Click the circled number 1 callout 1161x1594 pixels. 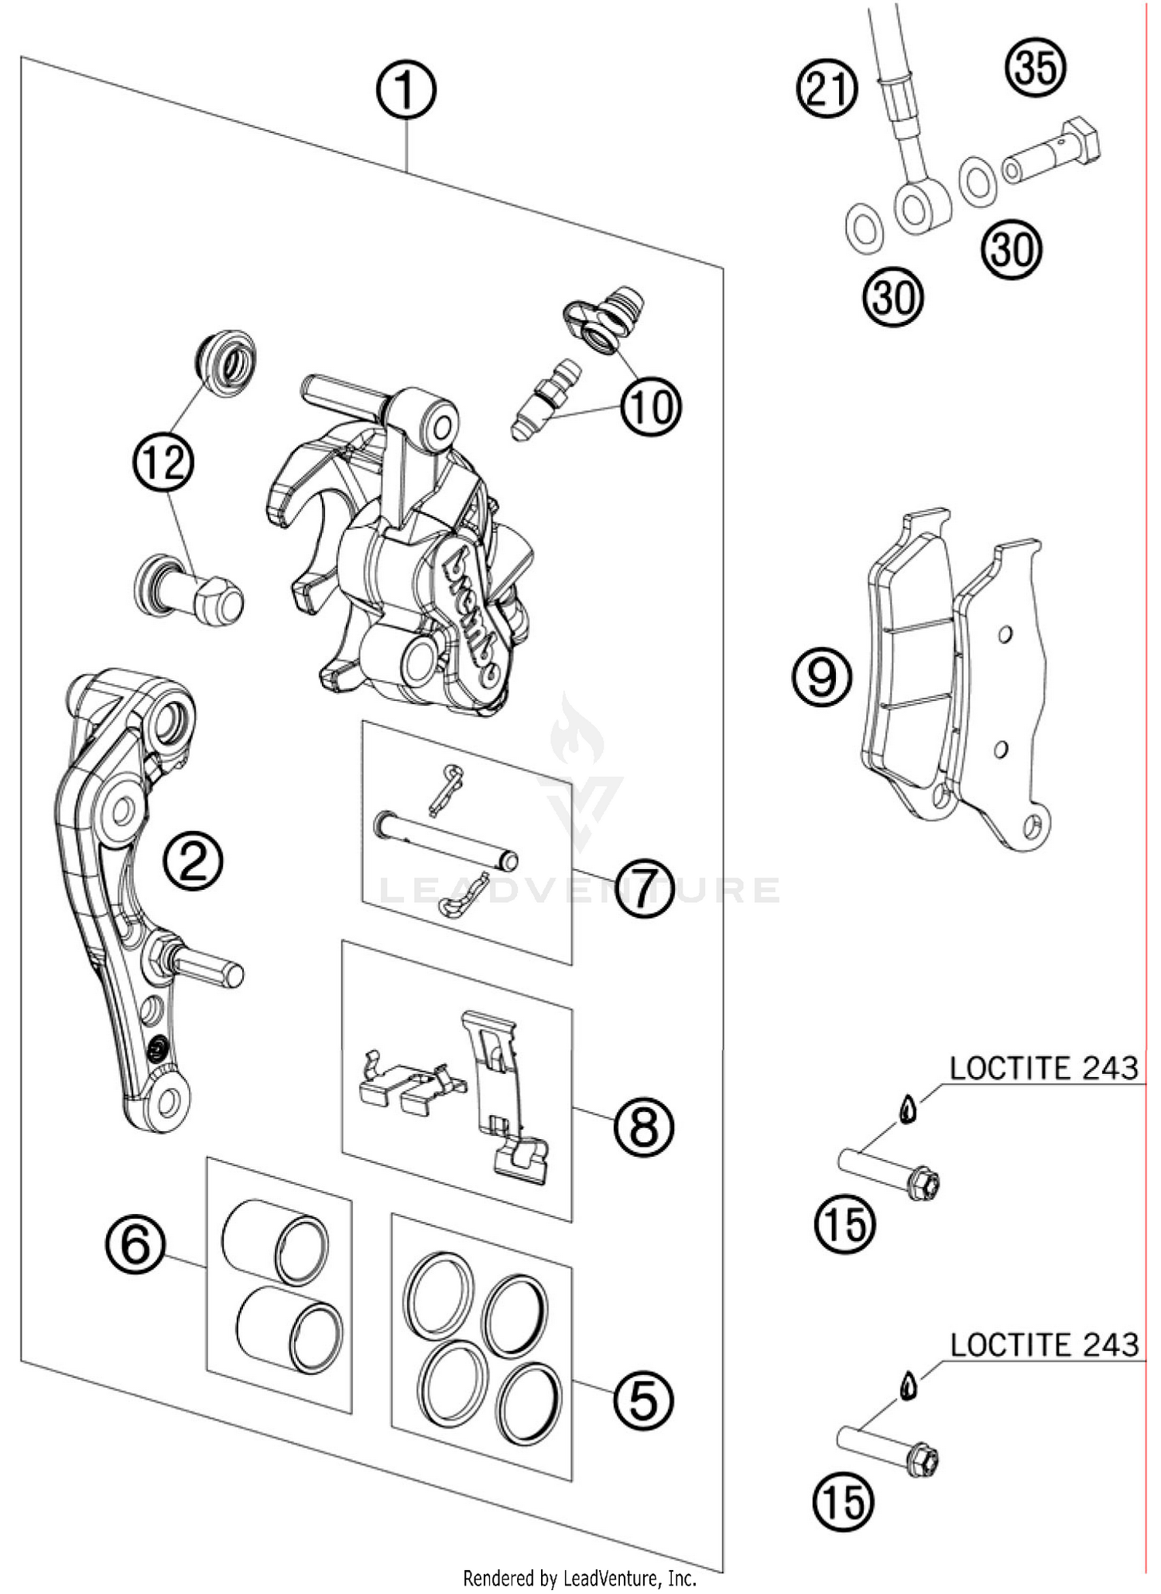(x=406, y=91)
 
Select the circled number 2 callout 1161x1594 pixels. (x=193, y=861)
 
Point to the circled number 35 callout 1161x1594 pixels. (x=1036, y=67)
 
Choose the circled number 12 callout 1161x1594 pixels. (x=164, y=462)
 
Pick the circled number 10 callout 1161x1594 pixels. (x=650, y=406)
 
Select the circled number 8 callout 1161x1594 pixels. (x=644, y=1127)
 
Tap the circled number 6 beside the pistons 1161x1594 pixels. (x=136, y=1246)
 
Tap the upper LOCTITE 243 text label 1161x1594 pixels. (x=1043, y=1069)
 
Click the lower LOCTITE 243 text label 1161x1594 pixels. (x=1043, y=1345)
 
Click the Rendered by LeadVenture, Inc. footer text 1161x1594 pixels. (x=580, y=1578)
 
